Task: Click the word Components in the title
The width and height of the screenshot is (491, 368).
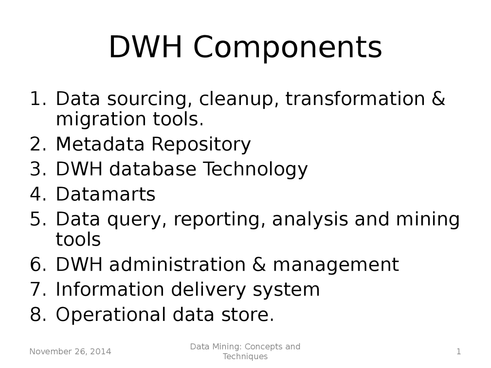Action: (x=287, y=48)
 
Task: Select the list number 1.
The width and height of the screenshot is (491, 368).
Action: (x=38, y=99)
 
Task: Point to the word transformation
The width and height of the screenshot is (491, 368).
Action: (x=355, y=99)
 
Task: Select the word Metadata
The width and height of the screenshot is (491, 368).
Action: (x=100, y=144)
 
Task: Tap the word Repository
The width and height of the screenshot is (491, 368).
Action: (x=201, y=145)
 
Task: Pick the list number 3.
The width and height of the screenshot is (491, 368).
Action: (x=38, y=169)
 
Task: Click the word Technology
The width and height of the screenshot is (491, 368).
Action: (x=255, y=169)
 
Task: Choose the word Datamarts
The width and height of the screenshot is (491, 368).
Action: (x=105, y=194)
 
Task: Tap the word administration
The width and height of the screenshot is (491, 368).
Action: (x=178, y=265)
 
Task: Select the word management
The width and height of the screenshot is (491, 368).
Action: (x=336, y=265)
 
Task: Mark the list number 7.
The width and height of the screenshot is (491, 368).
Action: (x=38, y=289)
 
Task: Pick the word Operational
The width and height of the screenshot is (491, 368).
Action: (x=111, y=315)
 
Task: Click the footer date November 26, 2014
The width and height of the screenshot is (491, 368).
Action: (x=70, y=352)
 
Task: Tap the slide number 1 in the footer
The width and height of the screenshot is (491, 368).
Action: (x=458, y=352)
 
